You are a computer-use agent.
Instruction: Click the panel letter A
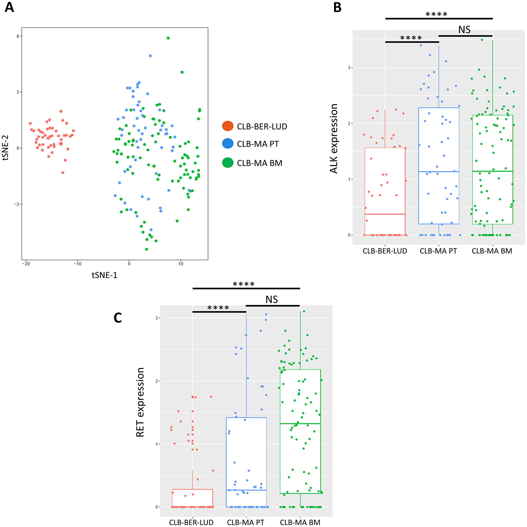[x=9, y=7]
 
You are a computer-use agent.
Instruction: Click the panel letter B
[x=337, y=7]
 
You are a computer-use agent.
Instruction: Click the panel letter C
[x=118, y=318]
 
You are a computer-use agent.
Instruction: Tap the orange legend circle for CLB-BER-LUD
[x=227, y=126]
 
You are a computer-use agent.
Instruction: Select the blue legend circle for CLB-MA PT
[x=227, y=144]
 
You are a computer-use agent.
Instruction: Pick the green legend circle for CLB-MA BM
[x=227, y=163]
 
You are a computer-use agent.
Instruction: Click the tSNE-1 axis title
[x=104, y=275]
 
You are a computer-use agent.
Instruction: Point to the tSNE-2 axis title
[x=6, y=148]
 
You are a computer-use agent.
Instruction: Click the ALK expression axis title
[x=334, y=139]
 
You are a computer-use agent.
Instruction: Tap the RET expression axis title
[x=140, y=402]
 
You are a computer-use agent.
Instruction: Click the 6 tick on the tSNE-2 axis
[x=18, y=36]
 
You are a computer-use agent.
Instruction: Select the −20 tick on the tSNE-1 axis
[x=26, y=264]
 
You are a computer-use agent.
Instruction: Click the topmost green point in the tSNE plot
[x=168, y=38]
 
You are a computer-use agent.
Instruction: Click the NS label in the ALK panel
[x=464, y=30]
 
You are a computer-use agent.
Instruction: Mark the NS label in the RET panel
[x=271, y=300]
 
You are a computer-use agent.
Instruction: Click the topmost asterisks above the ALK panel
[x=436, y=14]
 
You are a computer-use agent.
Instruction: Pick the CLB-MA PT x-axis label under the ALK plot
[x=438, y=251]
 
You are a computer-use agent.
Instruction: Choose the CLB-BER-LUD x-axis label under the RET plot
[x=191, y=522]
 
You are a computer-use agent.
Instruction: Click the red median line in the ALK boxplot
[x=385, y=214]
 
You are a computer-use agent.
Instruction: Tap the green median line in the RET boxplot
[x=300, y=424]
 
